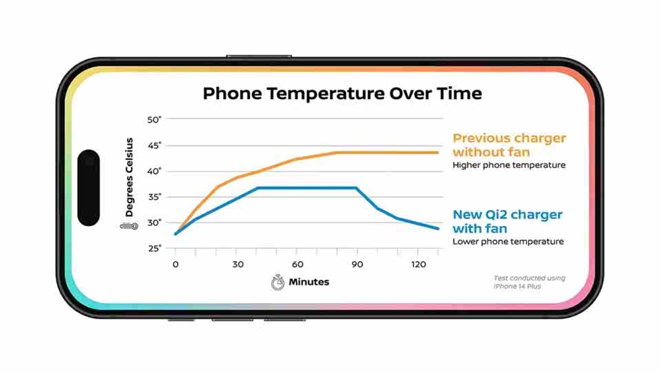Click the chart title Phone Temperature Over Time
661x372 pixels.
click(342, 94)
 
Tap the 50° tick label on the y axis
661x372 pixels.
click(154, 120)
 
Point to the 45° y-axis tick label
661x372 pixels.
click(154, 146)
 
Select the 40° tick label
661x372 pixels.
click(154, 172)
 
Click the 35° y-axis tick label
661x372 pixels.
click(154, 197)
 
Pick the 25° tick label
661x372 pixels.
click(154, 249)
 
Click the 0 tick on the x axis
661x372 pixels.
click(176, 265)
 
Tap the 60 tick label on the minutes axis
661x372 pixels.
click(297, 265)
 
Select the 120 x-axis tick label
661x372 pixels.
click(419, 265)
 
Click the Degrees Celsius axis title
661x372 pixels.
click(129, 177)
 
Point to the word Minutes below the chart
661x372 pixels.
click(309, 282)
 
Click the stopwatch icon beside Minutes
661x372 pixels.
click(277, 282)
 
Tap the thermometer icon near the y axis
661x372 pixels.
click(129, 227)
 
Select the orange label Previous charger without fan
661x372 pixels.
click(510, 145)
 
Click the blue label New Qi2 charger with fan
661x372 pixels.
click(507, 221)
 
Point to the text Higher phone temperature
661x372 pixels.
click(510, 165)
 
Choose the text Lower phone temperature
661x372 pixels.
click(508, 241)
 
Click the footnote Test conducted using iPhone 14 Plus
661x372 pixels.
click(529, 282)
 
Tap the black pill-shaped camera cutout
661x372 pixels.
click(89, 187)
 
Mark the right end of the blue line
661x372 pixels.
click(438, 229)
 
